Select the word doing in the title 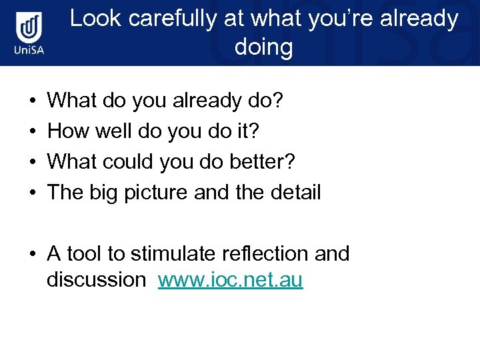click(x=263, y=47)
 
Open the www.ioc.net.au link click(x=230, y=280)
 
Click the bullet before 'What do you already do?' click(x=33, y=101)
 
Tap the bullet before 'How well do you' click(x=33, y=132)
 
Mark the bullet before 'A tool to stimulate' click(x=33, y=254)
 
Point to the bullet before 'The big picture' click(x=33, y=193)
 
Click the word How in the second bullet click(x=67, y=131)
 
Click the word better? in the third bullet click(x=267, y=162)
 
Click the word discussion click(x=96, y=280)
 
